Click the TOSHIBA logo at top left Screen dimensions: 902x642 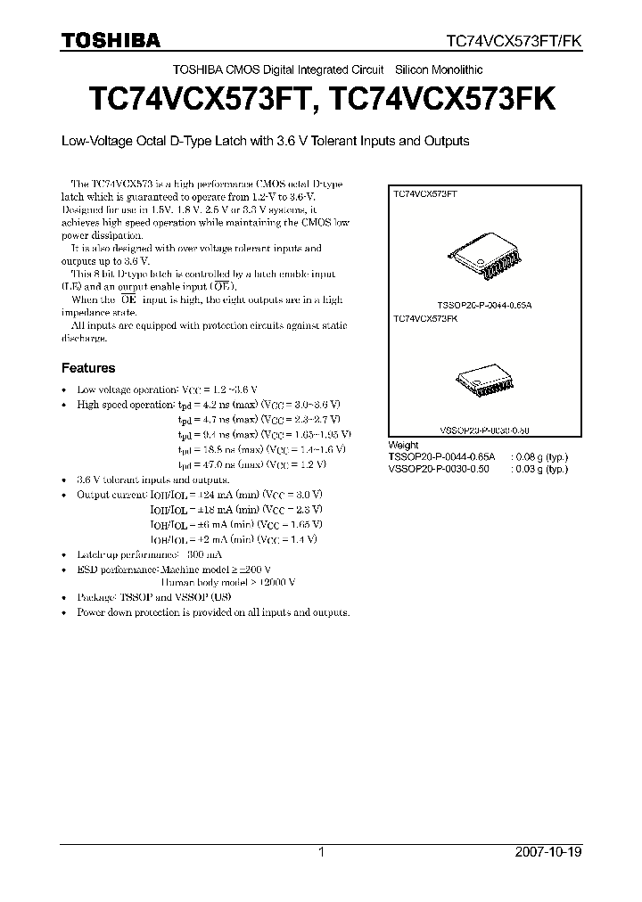click(x=110, y=40)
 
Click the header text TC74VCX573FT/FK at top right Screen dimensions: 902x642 click(x=514, y=41)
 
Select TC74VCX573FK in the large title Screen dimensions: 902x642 click(x=442, y=100)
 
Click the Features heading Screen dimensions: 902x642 click(x=87, y=367)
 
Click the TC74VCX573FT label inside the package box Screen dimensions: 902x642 click(x=425, y=193)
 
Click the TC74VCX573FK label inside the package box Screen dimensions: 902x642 click(x=425, y=317)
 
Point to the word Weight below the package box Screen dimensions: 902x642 click(x=403, y=445)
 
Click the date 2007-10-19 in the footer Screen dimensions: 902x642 click(x=547, y=852)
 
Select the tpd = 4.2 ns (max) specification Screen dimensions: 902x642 click(x=211, y=404)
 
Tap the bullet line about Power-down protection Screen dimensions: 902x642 click(x=213, y=612)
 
